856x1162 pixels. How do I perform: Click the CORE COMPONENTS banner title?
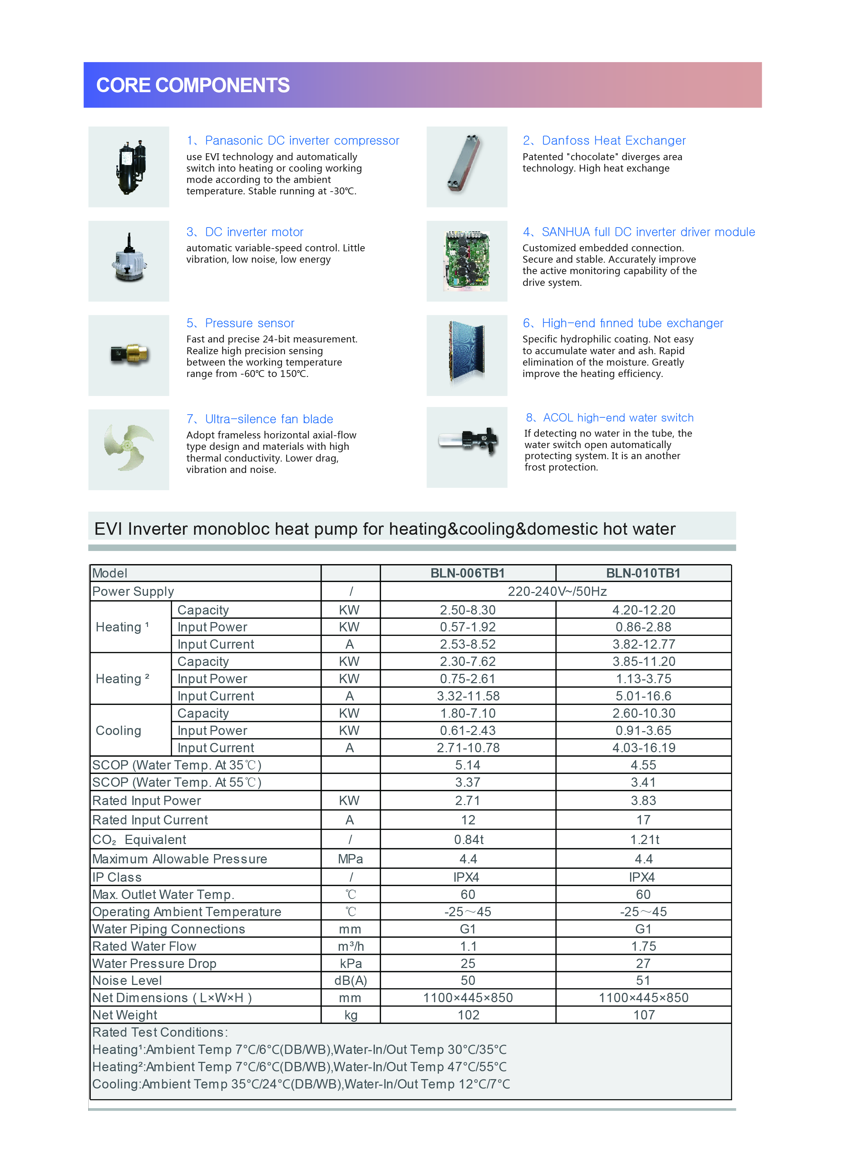[x=193, y=86]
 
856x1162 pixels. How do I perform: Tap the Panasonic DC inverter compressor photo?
[x=129, y=167]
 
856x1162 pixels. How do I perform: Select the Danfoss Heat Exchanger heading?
[x=604, y=141]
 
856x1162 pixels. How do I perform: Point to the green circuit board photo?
[x=467, y=261]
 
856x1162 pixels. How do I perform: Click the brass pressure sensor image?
[x=129, y=355]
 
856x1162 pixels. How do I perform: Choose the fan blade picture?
[x=128, y=448]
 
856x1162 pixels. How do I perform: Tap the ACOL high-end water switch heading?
[x=609, y=418]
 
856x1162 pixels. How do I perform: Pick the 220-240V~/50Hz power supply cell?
[x=557, y=591]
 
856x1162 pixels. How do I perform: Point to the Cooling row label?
[x=119, y=731]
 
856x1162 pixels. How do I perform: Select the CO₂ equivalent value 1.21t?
[x=644, y=840]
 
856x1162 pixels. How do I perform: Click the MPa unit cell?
[x=350, y=859]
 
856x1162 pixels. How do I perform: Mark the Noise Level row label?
[x=127, y=981]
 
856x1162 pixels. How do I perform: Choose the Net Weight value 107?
[x=644, y=1015]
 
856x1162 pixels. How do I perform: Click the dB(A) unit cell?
[x=350, y=981]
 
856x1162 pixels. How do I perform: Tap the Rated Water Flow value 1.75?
[x=644, y=946]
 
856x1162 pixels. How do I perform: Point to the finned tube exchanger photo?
[x=467, y=355]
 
